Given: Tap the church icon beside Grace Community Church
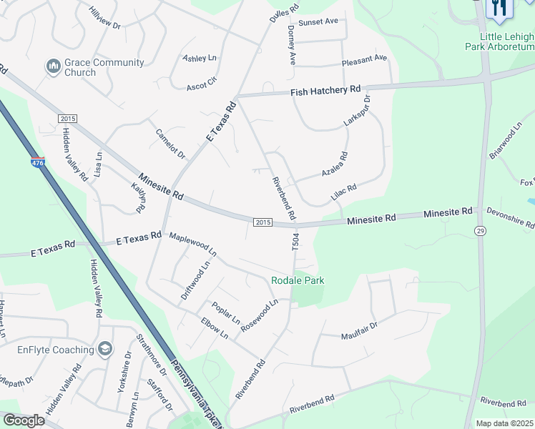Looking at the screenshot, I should point(53,67).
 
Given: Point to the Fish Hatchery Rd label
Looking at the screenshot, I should point(325,91).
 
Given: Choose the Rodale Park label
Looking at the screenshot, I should point(298,280).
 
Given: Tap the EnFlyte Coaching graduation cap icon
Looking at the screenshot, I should point(105,349).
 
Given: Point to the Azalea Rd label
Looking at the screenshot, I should point(334,165).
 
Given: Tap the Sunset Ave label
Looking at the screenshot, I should point(318,22).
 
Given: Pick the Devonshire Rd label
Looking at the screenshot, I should point(510,218).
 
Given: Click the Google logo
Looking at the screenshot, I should point(24,420).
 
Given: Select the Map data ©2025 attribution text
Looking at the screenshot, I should point(505,423).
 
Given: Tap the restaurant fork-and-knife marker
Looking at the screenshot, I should point(499,7).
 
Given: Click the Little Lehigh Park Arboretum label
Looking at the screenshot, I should point(508,41).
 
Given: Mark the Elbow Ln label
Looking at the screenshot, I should point(214,328).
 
